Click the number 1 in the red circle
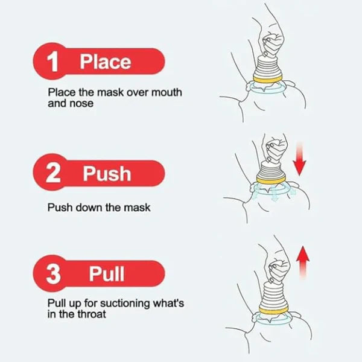click(53, 62)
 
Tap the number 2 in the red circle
click(53, 174)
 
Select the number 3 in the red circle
click(54, 275)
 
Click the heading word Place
click(106, 62)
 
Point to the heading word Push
click(107, 174)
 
